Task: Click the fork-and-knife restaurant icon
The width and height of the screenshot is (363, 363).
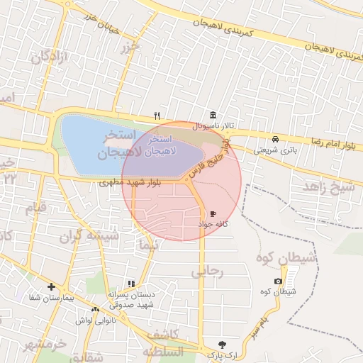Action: pyautogui.click(x=157, y=116)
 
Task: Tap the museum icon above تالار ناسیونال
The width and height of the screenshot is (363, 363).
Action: pyautogui.click(x=213, y=116)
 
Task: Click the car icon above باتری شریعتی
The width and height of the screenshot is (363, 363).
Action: pyautogui.click(x=274, y=138)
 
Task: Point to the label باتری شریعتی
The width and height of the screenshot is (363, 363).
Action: pyautogui.click(x=274, y=150)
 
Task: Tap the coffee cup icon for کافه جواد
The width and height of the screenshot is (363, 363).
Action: pyautogui.click(x=213, y=213)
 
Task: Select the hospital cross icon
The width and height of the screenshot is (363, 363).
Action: pyautogui.click(x=51, y=286)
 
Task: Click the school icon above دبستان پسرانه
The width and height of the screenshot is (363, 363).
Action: pyautogui.click(x=130, y=284)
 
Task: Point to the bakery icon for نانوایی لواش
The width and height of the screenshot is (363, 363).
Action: pyautogui.click(x=95, y=309)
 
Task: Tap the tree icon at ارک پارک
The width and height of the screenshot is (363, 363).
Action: pyautogui.click(x=224, y=343)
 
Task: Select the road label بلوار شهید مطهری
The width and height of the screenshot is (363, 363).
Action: pyautogui.click(x=131, y=182)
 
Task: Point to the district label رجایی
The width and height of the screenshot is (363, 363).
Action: pyautogui.click(x=207, y=271)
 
